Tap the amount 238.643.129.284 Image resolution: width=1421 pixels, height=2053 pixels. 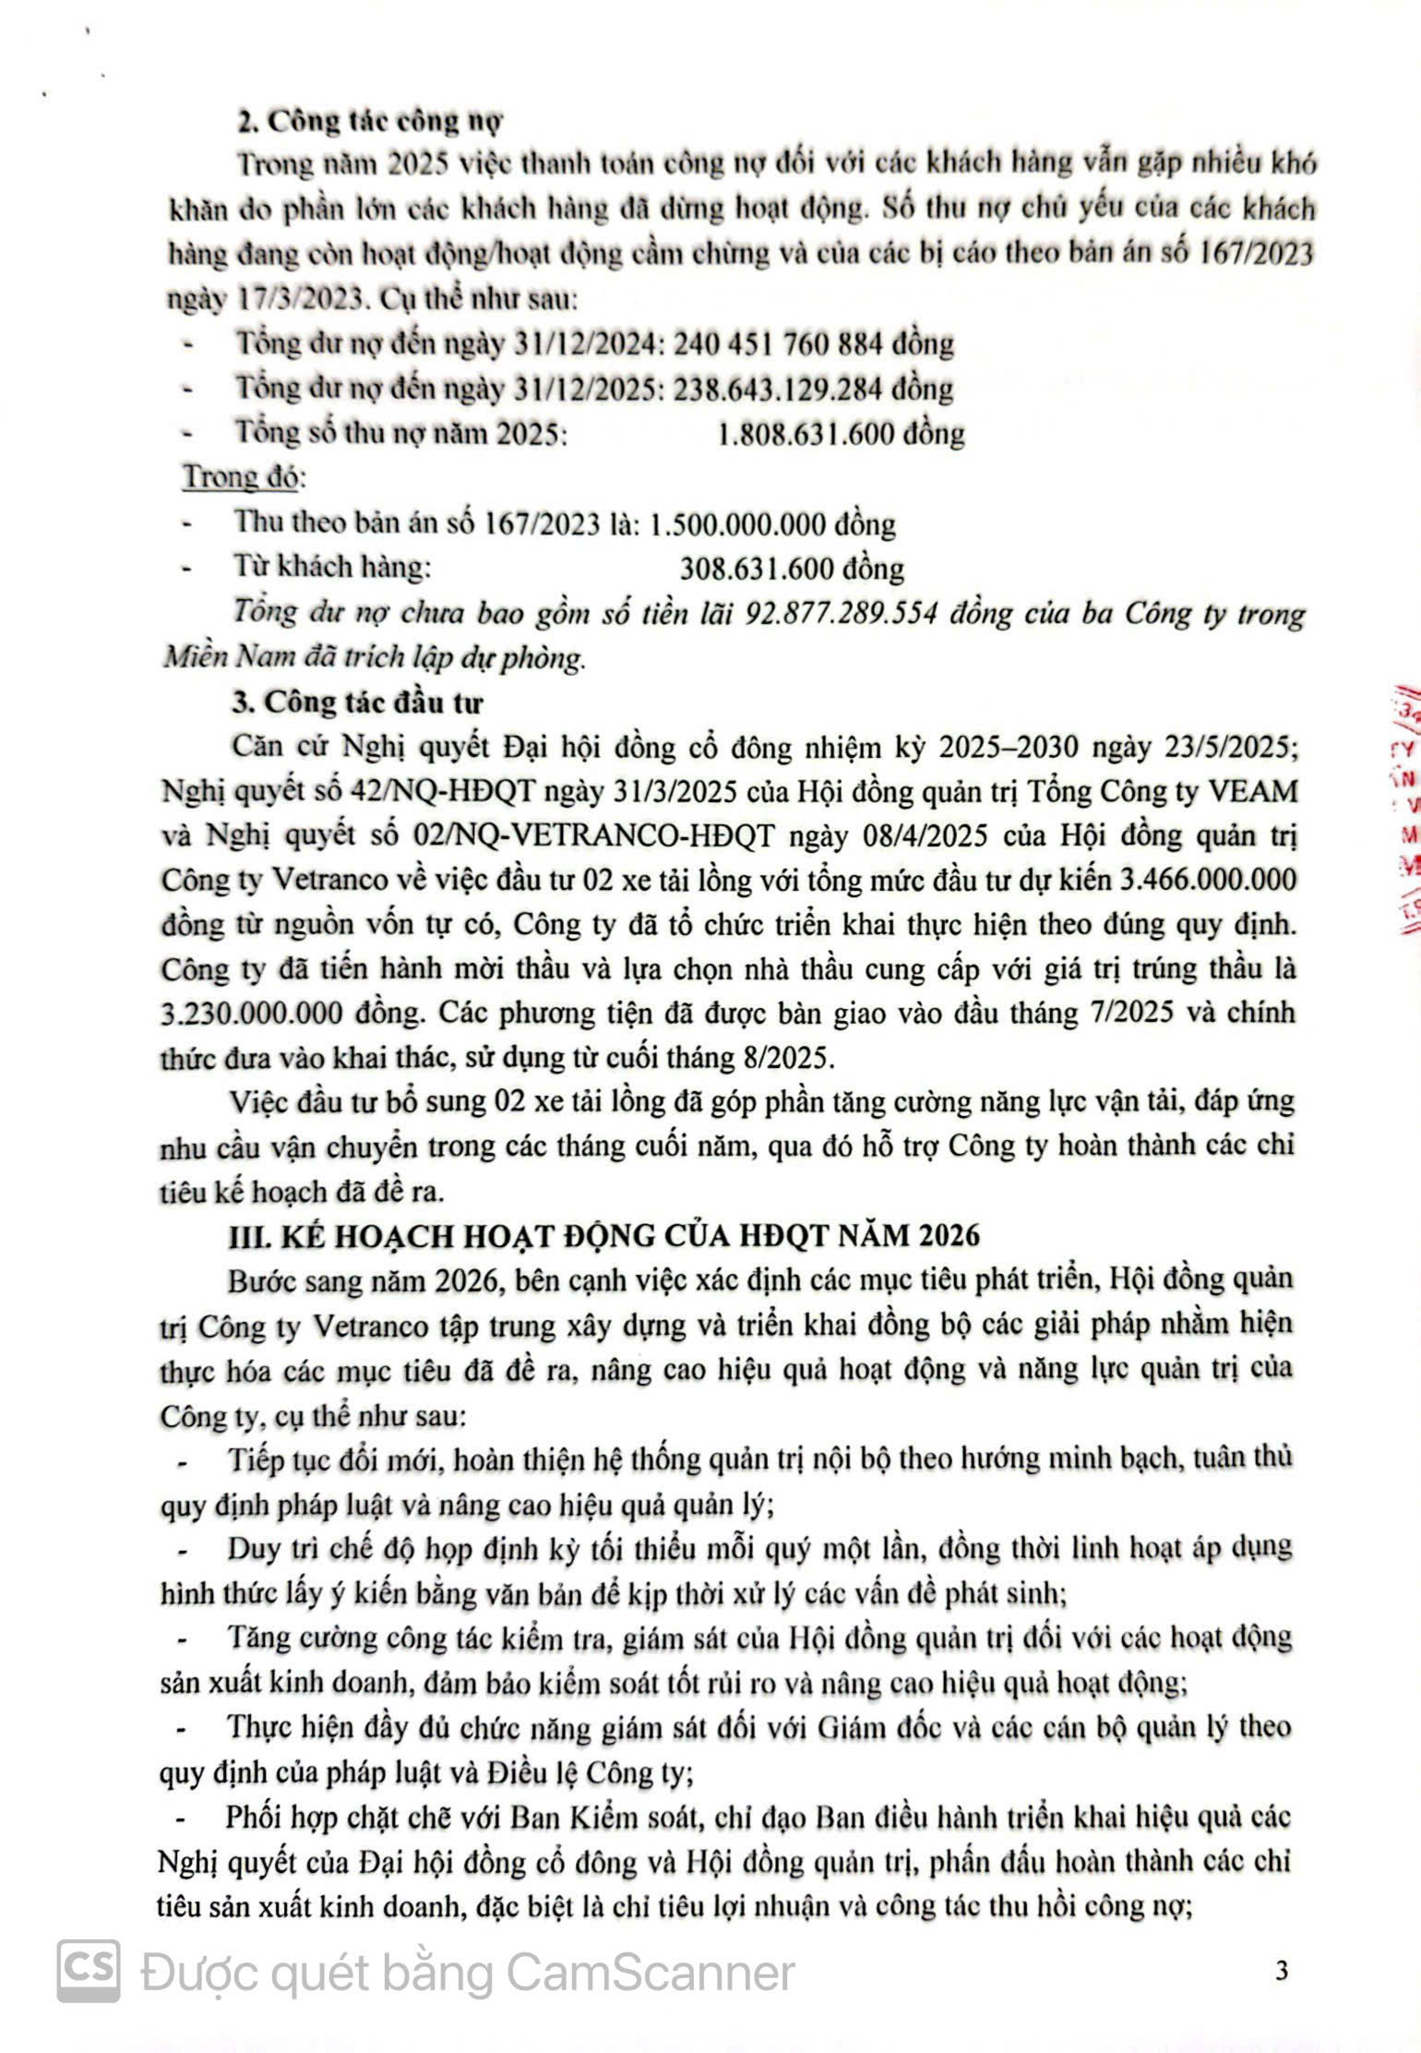point(783,389)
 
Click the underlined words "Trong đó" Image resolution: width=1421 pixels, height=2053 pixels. point(243,477)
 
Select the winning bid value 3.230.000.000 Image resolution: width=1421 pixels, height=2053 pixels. point(251,1014)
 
